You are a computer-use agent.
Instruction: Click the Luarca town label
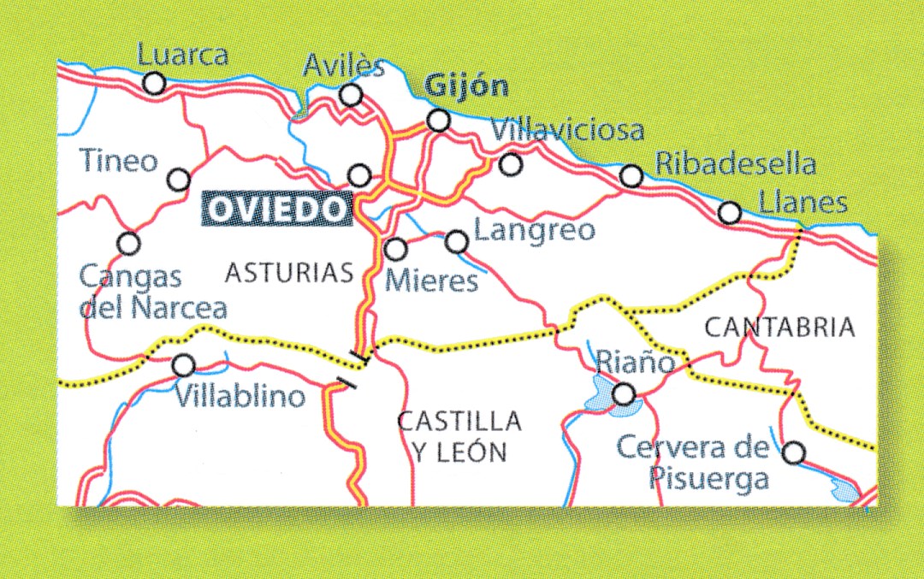click(182, 56)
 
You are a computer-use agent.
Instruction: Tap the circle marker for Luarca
click(154, 83)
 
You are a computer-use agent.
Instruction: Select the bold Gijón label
click(466, 86)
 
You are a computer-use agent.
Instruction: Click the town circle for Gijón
click(439, 120)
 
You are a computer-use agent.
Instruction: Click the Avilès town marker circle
click(351, 94)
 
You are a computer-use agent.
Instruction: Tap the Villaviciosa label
click(569, 131)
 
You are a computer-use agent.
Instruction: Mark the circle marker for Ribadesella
click(631, 176)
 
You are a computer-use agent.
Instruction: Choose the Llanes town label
click(803, 203)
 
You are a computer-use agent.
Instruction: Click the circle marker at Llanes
click(729, 212)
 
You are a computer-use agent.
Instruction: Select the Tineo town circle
click(179, 180)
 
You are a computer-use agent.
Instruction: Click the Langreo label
click(534, 230)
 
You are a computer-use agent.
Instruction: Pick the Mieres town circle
click(394, 250)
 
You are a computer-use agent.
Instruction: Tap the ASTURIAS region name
click(289, 273)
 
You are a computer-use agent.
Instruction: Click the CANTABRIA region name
click(779, 327)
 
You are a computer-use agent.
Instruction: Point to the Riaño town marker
click(625, 393)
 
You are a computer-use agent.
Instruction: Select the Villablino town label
click(240, 396)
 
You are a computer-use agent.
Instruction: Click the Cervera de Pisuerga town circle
click(794, 452)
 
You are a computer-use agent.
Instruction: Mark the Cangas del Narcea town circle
click(128, 244)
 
